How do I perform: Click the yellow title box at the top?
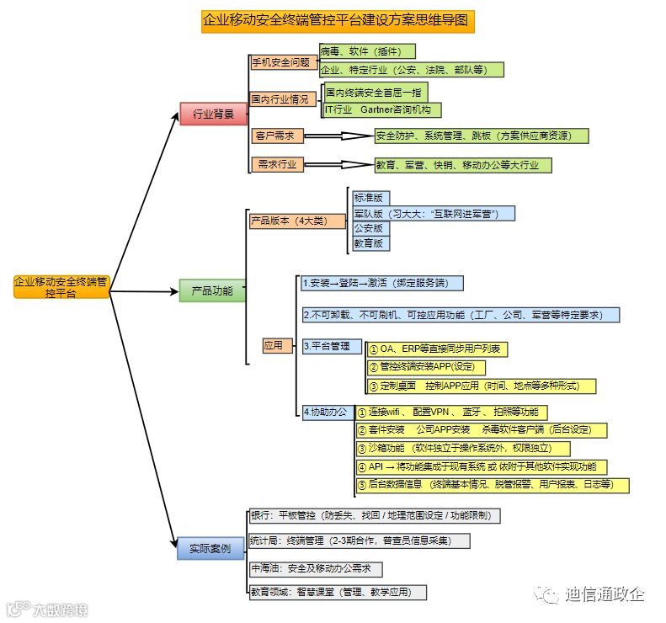tap(338, 21)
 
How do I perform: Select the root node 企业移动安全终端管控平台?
tap(61, 287)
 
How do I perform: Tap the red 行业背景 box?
tap(213, 114)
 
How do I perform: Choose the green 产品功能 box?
tap(212, 291)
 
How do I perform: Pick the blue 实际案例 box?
tap(210, 549)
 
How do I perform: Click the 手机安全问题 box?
tap(281, 62)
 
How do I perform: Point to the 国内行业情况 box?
tap(281, 99)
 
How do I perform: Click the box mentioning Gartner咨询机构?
tap(382, 110)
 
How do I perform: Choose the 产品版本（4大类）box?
tap(297, 221)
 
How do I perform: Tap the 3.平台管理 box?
tap(331, 346)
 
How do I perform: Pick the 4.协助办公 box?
tap(328, 412)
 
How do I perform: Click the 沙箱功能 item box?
tap(462, 449)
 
